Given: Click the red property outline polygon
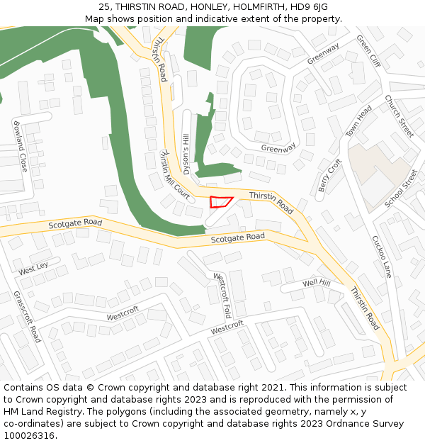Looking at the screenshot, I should pyautogui.click(x=220, y=202).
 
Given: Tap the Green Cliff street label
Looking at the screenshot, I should pyautogui.click(x=368, y=51).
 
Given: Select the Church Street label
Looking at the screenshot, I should pyautogui.click(x=399, y=116).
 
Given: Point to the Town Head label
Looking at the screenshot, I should pyautogui.click(x=358, y=122).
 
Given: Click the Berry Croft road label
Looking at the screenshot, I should pyautogui.click(x=330, y=175).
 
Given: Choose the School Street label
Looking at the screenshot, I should pyautogui.click(x=401, y=189).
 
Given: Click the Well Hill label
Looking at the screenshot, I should pyautogui.click(x=317, y=284).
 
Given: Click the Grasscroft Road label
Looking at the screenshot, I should pyautogui.click(x=27, y=316).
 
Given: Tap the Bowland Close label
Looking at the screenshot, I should pyautogui.click(x=19, y=146).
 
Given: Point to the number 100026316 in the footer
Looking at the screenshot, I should pyautogui.click(x=30, y=435).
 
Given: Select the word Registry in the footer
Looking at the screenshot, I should pyautogui.click(x=76, y=411).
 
